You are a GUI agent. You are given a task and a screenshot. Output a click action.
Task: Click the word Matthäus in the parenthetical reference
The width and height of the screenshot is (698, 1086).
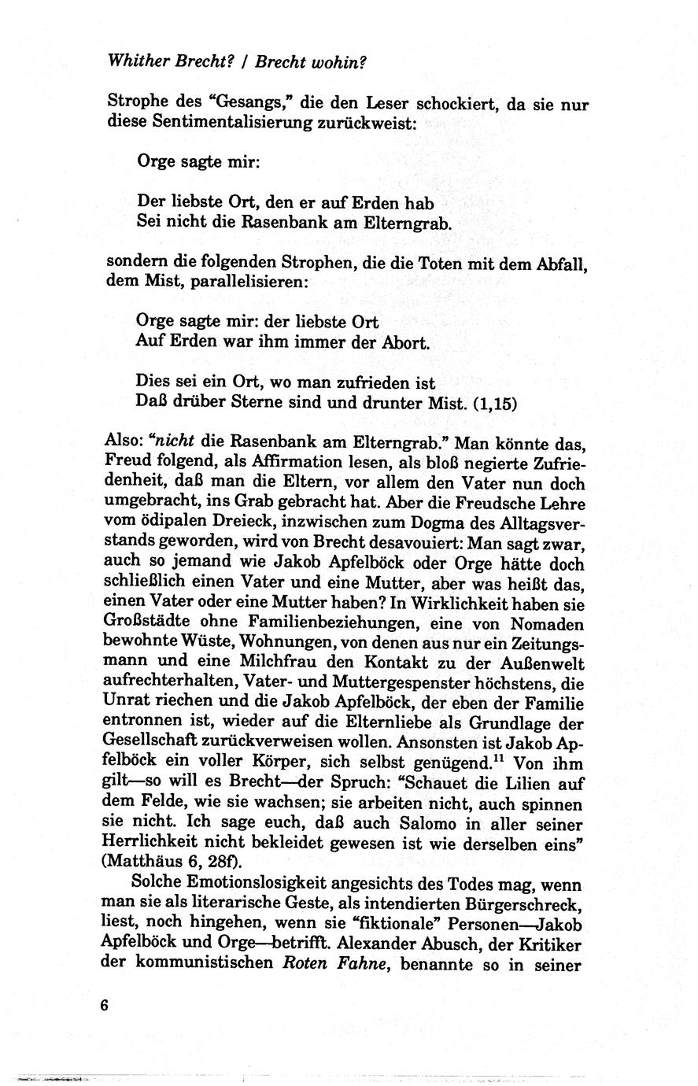click(x=142, y=864)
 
